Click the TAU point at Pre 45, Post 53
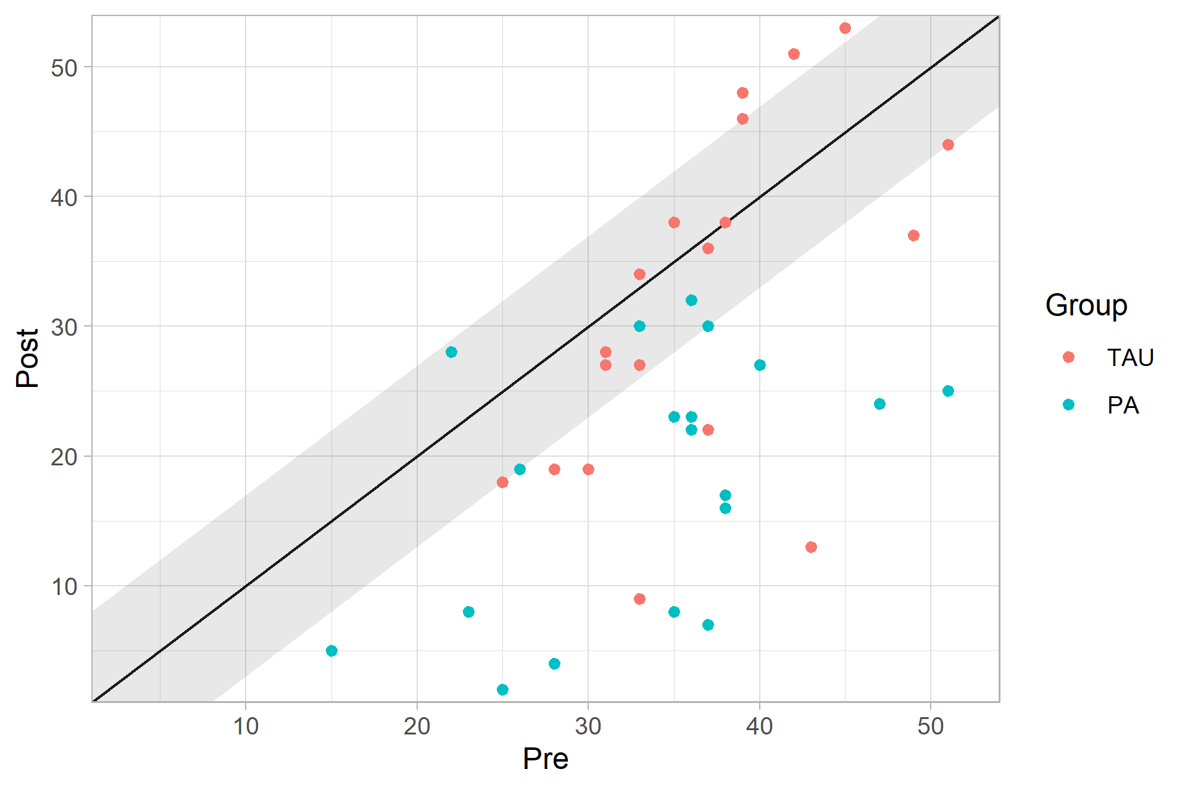[x=845, y=28]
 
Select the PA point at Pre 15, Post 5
[x=331, y=651]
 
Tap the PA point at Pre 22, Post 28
[x=451, y=352]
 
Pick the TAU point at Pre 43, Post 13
[x=811, y=547]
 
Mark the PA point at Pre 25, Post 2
[x=502, y=689]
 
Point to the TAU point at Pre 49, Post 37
[x=913, y=235]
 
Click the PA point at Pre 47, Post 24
[x=879, y=404]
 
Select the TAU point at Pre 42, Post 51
[x=794, y=54]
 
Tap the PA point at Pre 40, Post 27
[x=760, y=365]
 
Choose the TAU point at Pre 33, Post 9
[x=639, y=599]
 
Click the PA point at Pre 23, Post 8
[x=468, y=612]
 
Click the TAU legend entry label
[x=1130, y=357]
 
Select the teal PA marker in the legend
[x=1068, y=405]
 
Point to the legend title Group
[x=1086, y=306]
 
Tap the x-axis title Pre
[x=545, y=759]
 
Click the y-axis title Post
[x=28, y=358]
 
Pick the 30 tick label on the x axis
[x=588, y=726]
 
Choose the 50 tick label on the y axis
[x=64, y=68]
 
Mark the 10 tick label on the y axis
[x=64, y=586]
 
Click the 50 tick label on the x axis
[x=930, y=726]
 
